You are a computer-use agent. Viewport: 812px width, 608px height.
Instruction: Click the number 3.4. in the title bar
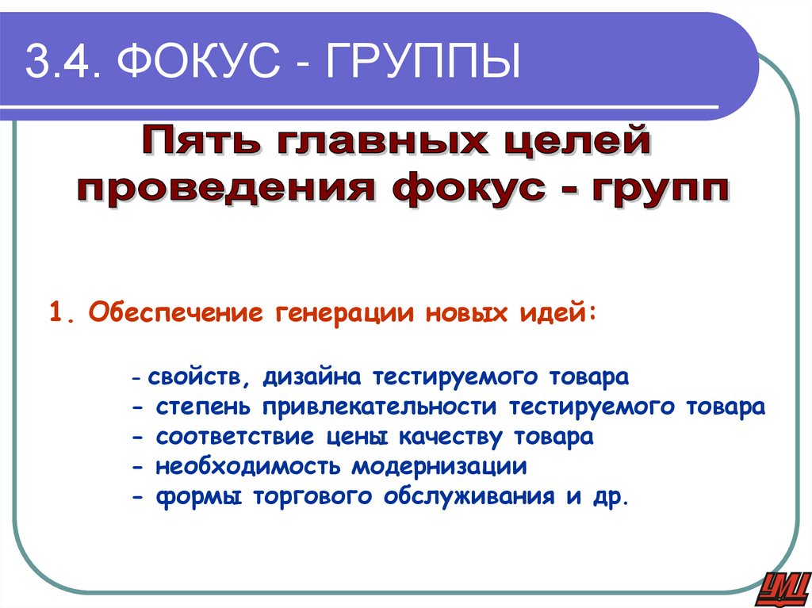62,64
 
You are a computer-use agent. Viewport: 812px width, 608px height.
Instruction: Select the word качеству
451,437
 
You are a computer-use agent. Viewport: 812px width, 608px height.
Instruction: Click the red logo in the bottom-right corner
782,587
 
